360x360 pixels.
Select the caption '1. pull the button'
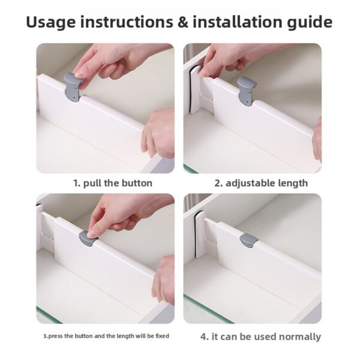[112, 183]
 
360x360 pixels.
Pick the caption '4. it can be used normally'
[260, 337]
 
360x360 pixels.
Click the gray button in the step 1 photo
[71, 87]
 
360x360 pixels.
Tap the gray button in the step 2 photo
[245, 89]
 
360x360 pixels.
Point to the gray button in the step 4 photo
[248, 240]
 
